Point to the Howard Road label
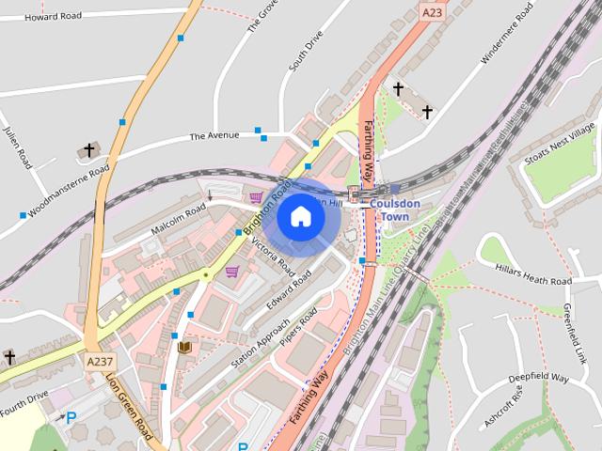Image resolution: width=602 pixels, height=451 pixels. [54, 16]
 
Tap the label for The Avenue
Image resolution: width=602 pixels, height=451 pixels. [214, 136]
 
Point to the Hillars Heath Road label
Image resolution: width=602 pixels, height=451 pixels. [533, 282]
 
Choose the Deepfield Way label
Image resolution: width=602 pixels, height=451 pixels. [539, 378]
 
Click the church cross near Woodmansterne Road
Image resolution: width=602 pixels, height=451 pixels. [90, 149]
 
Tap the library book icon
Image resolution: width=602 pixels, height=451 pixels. [184, 348]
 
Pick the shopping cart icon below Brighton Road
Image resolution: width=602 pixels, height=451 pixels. [231, 272]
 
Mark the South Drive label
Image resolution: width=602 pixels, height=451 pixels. [307, 53]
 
